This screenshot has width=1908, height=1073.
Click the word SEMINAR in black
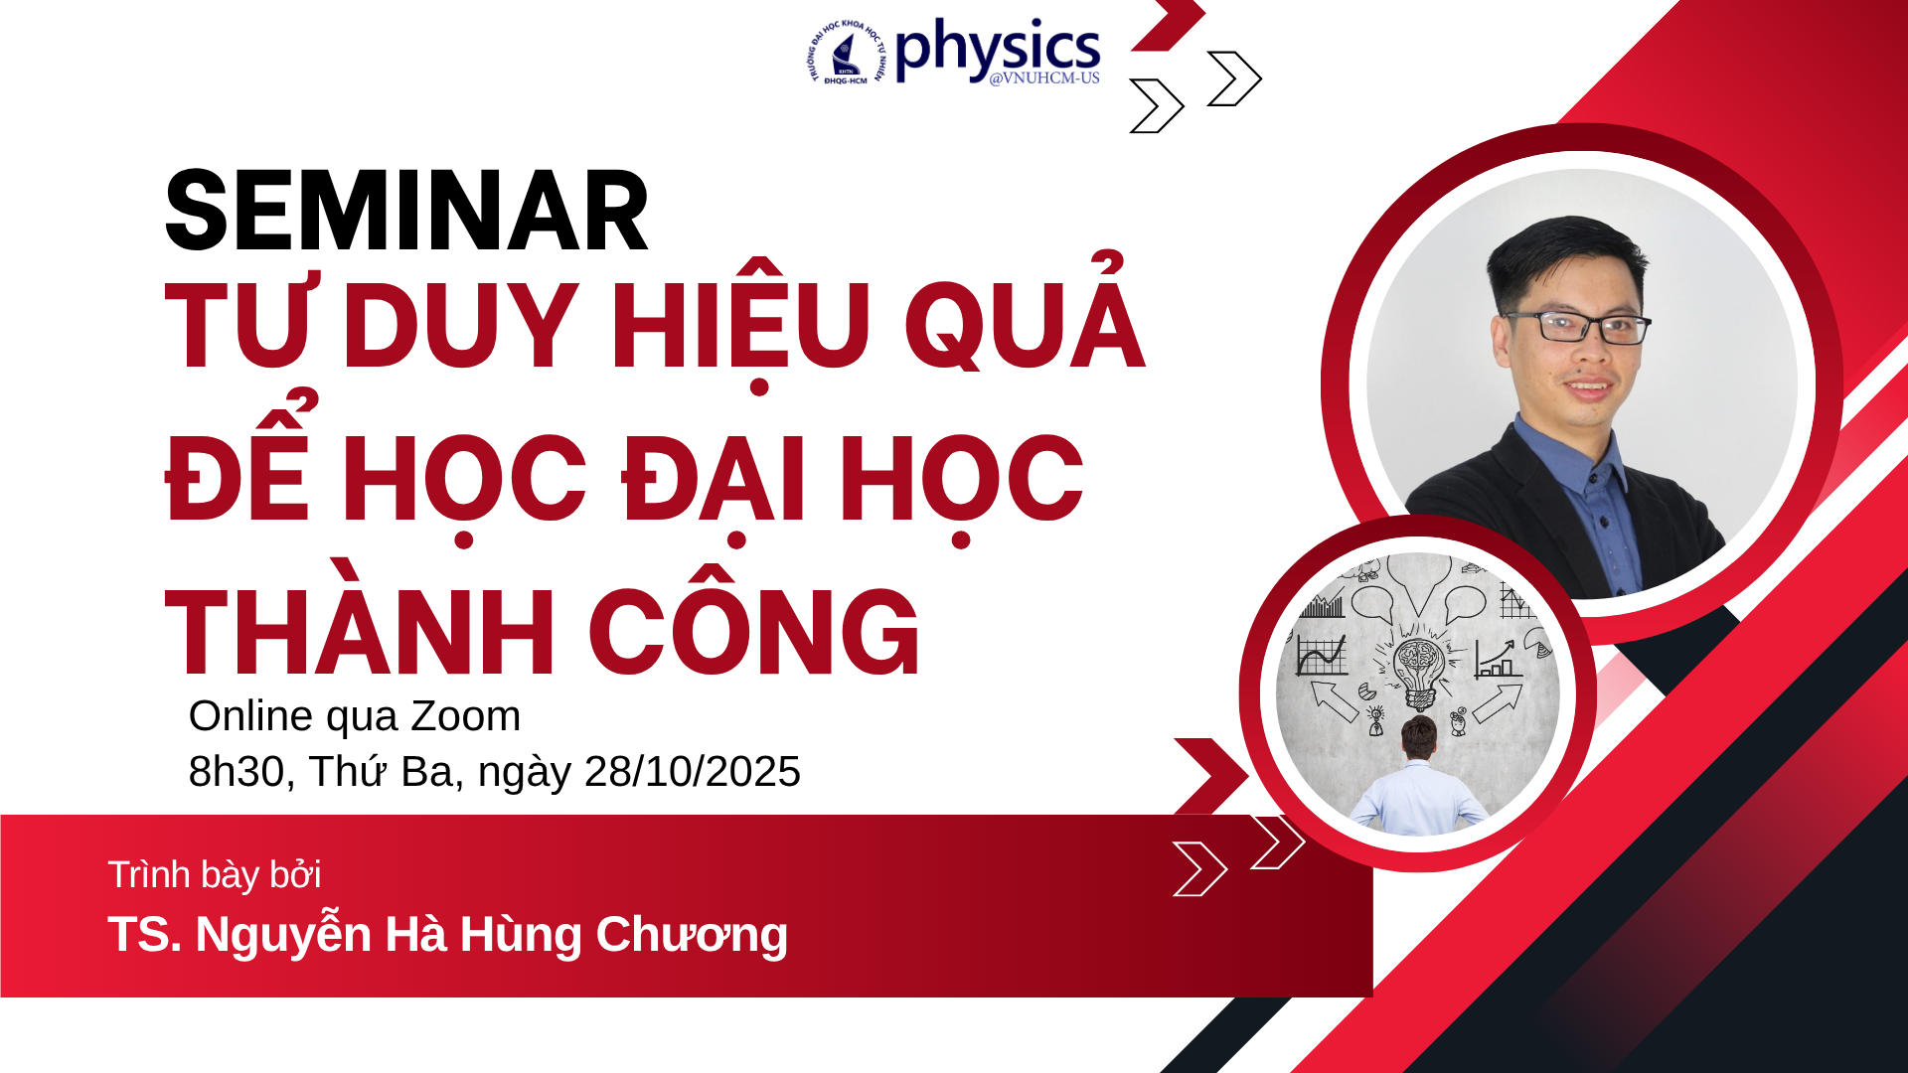pyautogui.click(x=406, y=212)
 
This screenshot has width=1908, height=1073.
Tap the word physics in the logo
pyautogui.click(x=997, y=49)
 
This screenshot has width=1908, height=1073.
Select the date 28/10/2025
pyautogui.click(x=692, y=772)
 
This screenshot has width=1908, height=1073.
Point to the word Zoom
pyautogui.click(x=466, y=716)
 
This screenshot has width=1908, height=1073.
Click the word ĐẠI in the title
pyautogui.click(x=713, y=480)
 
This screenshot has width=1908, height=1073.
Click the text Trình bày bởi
pyautogui.click(x=214, y=875)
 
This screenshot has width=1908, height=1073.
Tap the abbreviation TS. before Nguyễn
pyautogui.click(x=144, y=935)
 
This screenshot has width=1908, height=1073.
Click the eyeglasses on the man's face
pyautogui.click(x=1580, y=327)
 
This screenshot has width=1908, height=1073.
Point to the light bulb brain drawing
pyautogui.click(x=1419, y=666)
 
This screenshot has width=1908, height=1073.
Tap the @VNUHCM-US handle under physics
pyautogui.click(x=1044, y=78)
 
